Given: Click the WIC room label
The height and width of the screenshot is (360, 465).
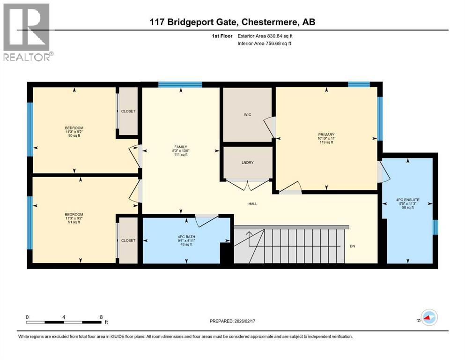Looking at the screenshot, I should [248, 115].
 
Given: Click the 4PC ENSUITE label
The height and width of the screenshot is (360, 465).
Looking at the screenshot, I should [407, 200].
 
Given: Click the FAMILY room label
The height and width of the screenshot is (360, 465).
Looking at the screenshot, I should [180, 147].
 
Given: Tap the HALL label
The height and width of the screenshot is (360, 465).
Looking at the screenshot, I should [253, 204].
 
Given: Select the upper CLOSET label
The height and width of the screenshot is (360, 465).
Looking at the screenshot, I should [128, 111].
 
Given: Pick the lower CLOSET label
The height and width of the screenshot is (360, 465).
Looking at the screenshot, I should [128, 240].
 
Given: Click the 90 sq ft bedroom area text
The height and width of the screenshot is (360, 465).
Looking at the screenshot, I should [74, 136].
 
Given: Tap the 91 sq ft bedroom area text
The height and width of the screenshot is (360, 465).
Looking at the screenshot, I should [74, 222].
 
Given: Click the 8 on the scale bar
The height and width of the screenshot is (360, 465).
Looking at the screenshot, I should [101, 317].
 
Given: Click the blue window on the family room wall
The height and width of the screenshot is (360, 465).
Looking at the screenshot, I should [180, 85].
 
